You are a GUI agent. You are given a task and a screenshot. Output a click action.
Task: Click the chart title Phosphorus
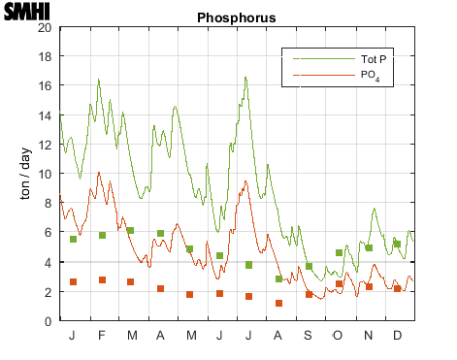pyautogui.click(x=236, y=17)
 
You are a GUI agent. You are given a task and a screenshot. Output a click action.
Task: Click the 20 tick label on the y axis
pyautogui.click(x=45, y=27)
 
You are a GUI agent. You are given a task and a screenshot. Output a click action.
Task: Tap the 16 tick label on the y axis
pyautogui.click(x=45, y=85)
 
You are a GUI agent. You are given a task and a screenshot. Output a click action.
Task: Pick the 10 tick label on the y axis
pyautogui.click(x=45, y=174)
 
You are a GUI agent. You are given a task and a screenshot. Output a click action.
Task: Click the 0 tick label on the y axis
pyautogui.click(x=48, y=321)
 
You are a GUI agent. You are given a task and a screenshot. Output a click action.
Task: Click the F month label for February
pyautogui.click(x=101, y=336)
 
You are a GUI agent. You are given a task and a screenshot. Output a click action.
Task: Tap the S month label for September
pyautogui.click(x=309, y=336)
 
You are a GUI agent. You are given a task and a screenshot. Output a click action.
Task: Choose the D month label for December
pyautogui.click(x=398, y=336)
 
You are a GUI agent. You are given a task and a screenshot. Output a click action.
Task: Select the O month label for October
pyautogui.click(x=339, y=336)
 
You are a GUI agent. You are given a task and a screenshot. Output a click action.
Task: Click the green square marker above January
pyautogui.click(x=73, y=239)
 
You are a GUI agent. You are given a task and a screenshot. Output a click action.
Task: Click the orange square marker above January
pyautogui.click(x=73, y=281)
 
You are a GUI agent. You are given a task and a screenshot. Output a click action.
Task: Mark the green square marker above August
pyautogui.click(x=278, y=278)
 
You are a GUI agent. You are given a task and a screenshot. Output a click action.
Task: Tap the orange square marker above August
pyautogui.click(x=278, y=303)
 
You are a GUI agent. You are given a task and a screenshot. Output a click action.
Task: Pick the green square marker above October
pyautogui.click(x=339, y=252)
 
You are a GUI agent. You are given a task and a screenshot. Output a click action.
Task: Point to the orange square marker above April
pyautogui.click(x=160, y=288)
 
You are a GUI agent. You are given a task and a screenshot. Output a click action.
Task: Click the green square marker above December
pyautogui.click(x=397, y=245)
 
